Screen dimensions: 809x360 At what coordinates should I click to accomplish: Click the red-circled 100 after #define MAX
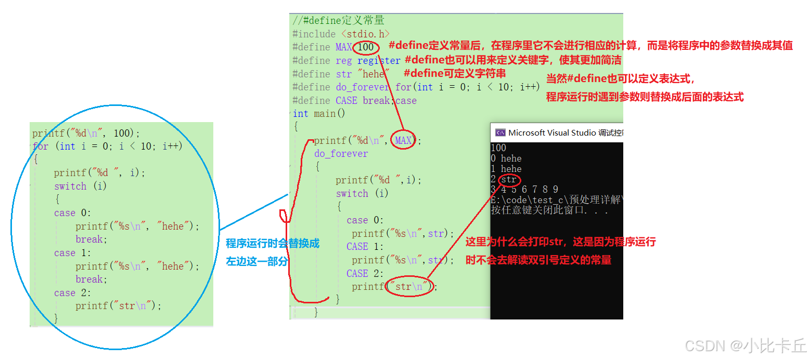point(366,47)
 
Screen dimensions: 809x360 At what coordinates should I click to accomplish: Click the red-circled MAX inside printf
point(403,140)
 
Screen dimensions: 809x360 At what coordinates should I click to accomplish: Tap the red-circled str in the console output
point(509,180)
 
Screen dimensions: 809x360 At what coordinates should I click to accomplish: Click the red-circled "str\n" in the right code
point(409,286)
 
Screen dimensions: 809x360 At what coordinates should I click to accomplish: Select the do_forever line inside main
point(341,154)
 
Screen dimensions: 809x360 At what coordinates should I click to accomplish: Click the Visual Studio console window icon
point(500,132)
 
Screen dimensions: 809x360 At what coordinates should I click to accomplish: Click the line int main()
point(319,113)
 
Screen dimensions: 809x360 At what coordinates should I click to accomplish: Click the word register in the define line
point(379,60)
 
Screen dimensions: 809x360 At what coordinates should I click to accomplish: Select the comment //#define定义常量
point(339,21)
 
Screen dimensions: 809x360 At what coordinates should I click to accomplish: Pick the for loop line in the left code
point(107,146)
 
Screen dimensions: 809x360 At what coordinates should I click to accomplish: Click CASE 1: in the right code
point(365,246)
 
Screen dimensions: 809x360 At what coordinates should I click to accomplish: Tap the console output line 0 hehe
point(506,158)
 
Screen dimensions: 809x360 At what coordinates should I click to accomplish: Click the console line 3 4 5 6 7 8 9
point(525,190)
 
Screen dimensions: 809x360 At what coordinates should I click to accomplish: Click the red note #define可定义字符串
point(455,73)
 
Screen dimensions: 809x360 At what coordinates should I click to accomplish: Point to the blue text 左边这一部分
point(256,261)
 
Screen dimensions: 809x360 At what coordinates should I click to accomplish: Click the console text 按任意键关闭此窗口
point(549,210)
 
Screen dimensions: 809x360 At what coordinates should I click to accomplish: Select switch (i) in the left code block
point(80,186)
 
